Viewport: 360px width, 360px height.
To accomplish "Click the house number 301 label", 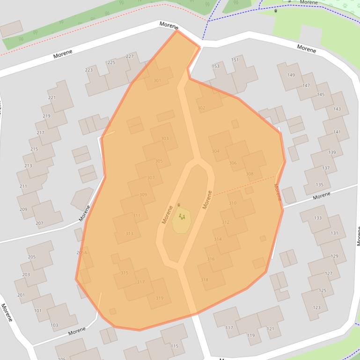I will (x=157, y=80).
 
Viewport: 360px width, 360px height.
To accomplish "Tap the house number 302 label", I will (x=201, y=108).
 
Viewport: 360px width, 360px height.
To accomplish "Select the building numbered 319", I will (x=160, y=298).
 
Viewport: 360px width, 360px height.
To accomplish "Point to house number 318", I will (x=205, y=280).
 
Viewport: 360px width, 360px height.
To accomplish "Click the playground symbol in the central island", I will (x=182, y=216).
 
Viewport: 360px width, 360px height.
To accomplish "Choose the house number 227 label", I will (x=130, y=57).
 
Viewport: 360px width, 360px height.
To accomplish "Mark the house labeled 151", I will (x=235, y=60).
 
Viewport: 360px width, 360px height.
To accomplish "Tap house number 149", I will (x=291, y=75).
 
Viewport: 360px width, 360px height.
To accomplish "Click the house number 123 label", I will (x=317, y=307).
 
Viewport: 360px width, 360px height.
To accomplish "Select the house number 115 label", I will (x=175, y=346).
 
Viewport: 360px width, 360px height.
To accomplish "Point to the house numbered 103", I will (x=54, y=325).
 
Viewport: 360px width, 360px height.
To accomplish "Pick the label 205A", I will (x=81, y=252).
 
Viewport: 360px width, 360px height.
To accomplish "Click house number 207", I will (x=39, y=223).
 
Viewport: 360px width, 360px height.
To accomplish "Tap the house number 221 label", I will (x=51, y=98).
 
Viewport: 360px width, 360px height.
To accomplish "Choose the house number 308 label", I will (x=250, y=174).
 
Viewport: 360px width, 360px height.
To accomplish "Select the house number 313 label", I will (x=129, y=233).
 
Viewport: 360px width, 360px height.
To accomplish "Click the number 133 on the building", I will (x=318, y=218).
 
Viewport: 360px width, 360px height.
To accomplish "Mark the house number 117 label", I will (x=229, y=328).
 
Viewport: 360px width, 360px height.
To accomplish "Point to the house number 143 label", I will (x=337, y=109).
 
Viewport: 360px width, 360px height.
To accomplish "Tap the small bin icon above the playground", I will (x=178, y=205).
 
